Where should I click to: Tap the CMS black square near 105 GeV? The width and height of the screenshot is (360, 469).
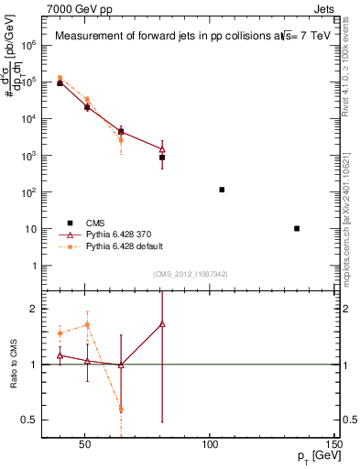(x=222, y=190)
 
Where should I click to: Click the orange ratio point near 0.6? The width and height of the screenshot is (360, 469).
(x=121, y=409)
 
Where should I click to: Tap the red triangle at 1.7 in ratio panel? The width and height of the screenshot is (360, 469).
(x=162, y=324)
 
